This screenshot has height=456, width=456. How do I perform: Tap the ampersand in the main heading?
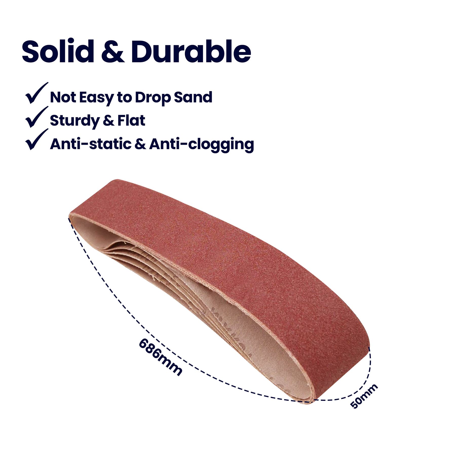click(x=113, y=52)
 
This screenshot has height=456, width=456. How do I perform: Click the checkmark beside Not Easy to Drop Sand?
click(x=36, y=93)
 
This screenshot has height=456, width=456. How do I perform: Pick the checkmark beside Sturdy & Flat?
click(x=36, y=117)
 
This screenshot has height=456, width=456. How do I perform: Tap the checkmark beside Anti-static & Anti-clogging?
click(x=36, y=140)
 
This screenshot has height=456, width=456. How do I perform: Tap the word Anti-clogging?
click(x=201, y=144)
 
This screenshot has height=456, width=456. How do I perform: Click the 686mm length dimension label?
click(x=160, y=358)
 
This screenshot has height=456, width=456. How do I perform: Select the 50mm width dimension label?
click(x=364, y=396)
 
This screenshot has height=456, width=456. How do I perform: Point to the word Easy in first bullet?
click(x=97, y=98)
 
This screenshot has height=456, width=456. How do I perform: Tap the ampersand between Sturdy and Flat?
click(x=108, y=121)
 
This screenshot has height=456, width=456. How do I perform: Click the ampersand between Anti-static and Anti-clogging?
click(x=140, y=144)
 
